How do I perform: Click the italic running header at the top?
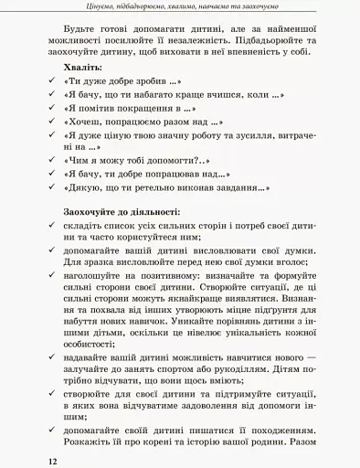click(x=180, y=7)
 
